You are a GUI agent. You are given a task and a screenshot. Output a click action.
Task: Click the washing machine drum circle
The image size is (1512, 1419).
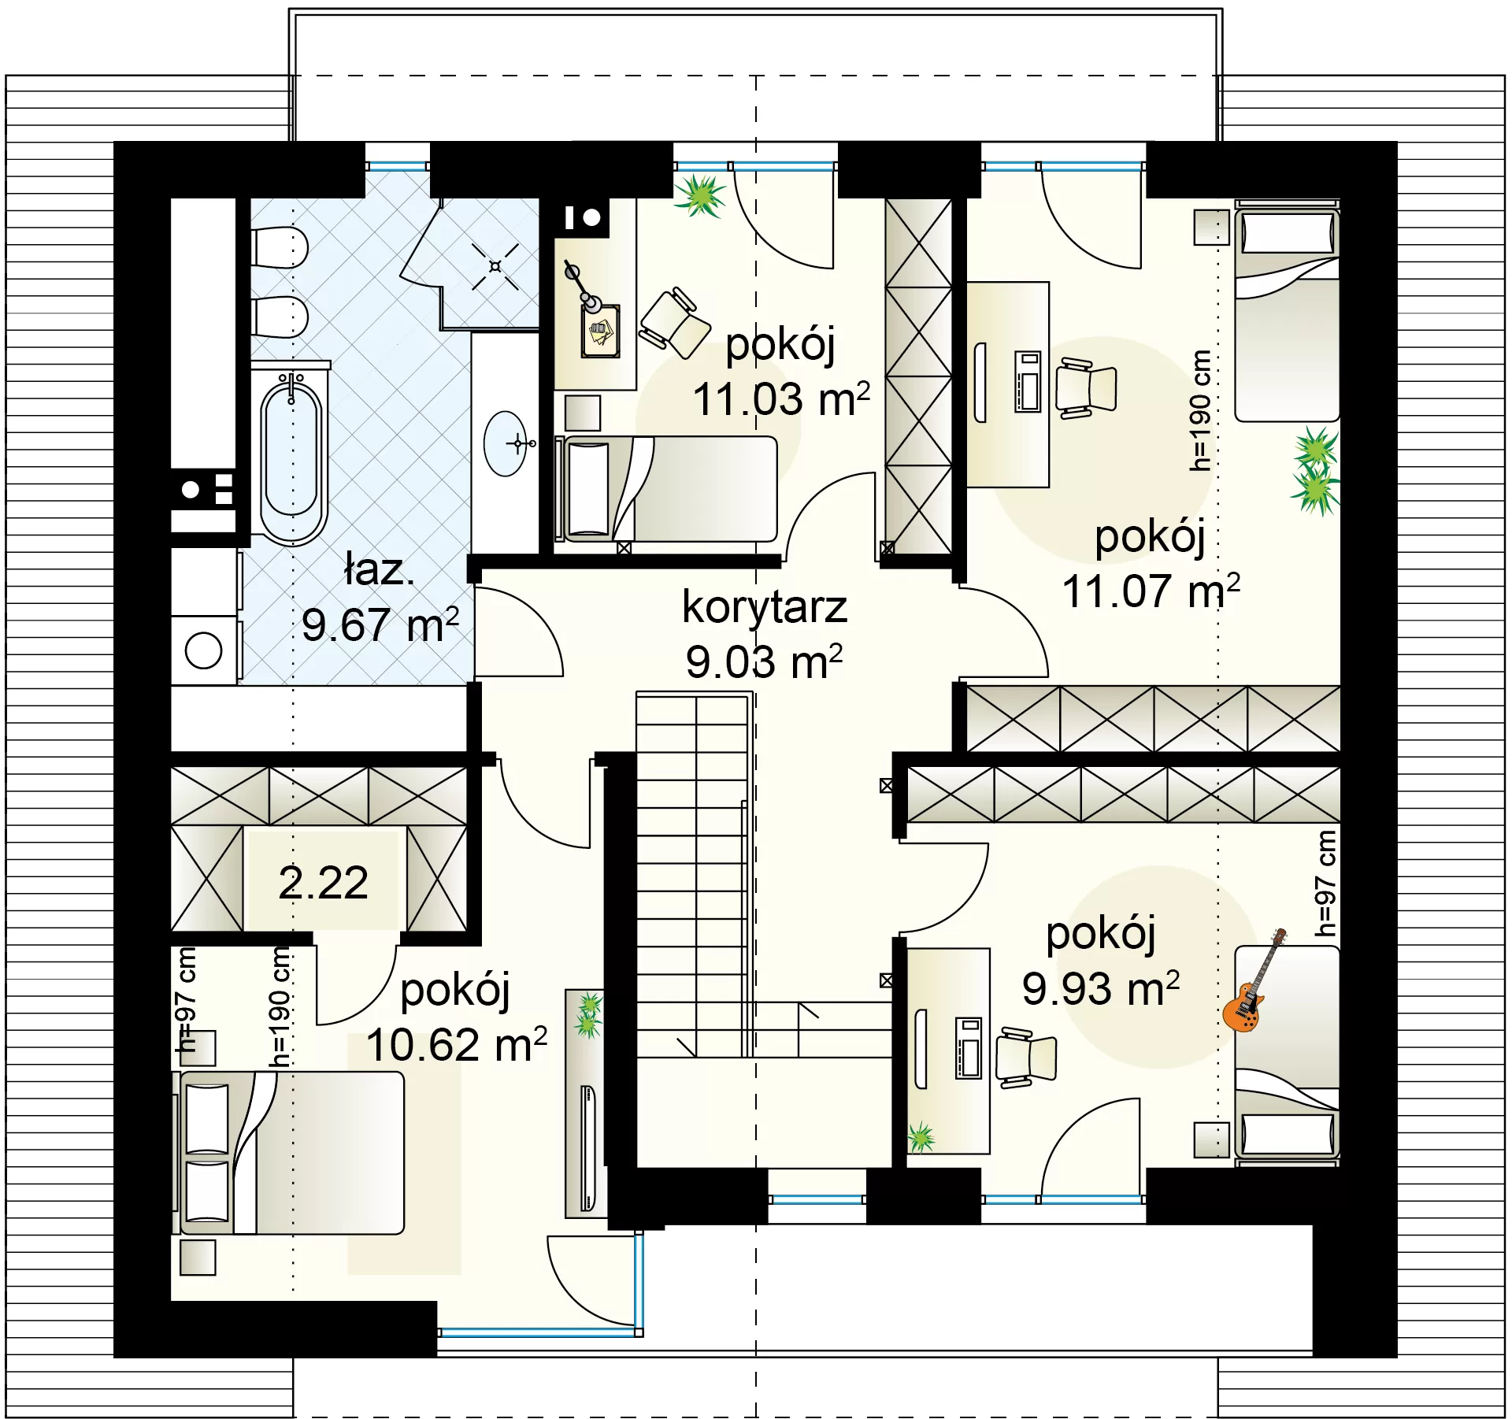click(x=204, y=651)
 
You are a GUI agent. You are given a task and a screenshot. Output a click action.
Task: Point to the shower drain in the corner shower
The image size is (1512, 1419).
click(x=495, y=266)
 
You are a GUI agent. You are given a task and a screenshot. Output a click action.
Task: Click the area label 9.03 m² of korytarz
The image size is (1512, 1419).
click(x=764, y=661)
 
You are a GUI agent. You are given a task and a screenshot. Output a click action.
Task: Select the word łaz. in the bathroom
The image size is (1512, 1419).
click(x=379, y=569)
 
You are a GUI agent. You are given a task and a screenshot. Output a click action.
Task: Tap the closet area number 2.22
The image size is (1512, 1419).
click(x=323, y=882)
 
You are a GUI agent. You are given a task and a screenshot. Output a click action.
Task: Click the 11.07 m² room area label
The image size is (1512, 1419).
click(x=1151, y=591)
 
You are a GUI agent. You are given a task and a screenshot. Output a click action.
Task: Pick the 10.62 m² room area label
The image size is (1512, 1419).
click(x=457, y=1045)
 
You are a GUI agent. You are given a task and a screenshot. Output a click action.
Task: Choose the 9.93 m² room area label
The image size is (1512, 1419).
click(x=1101, y=989)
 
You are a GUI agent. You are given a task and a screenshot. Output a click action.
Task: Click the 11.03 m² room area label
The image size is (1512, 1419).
click(x=781, y=398)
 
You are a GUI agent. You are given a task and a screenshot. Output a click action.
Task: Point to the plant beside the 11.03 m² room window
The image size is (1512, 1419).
click(x=699, y=195)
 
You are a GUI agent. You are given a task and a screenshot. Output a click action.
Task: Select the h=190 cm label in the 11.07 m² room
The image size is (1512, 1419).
click(x=1199, y=410)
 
